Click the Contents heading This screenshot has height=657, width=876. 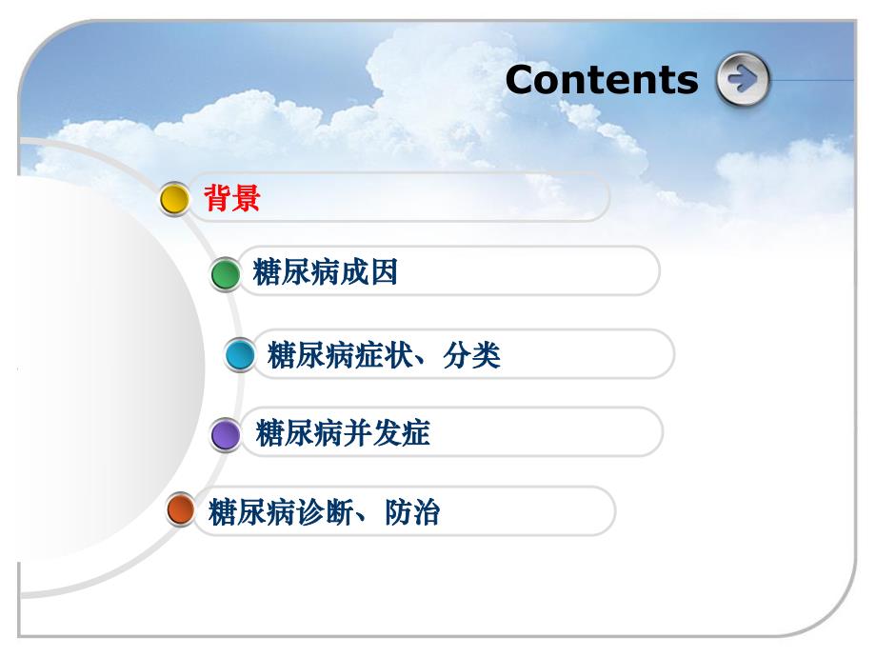point(602,79)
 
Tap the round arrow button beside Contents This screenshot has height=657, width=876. point(743,79)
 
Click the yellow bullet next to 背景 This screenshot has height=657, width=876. point(174,198)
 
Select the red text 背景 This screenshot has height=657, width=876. point(232,198)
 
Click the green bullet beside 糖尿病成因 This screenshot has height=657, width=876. point(226,274)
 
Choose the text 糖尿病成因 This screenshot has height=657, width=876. point(325,273)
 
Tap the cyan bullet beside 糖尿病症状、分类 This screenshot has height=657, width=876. point(240,355)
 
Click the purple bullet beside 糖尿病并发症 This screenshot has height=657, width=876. point(226,434)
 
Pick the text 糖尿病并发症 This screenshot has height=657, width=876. point(343,433)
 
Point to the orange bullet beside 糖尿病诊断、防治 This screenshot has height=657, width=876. point(180,510)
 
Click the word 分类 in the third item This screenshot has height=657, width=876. point(472,355)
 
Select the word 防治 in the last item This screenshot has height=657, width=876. point(412,512)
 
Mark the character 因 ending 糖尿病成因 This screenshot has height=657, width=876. point(384,273)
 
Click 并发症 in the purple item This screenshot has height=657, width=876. point(387,433)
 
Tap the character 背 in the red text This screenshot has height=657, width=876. point(218,198)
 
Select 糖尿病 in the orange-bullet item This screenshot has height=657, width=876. point(251,512)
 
